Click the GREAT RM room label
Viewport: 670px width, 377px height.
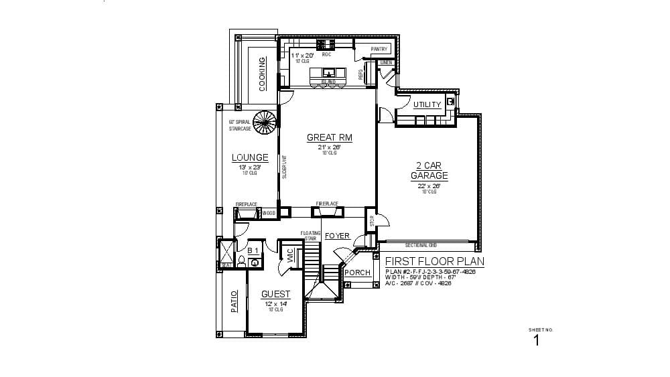click(329, 138)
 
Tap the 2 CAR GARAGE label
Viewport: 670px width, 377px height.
click(429, 171)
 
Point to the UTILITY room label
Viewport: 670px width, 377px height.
click(427, 104)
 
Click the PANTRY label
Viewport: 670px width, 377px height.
click(380, 49)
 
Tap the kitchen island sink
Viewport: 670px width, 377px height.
click(328, 72)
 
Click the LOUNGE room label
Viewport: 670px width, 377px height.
click(250, 158)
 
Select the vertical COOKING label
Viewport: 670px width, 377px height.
click(262, 74)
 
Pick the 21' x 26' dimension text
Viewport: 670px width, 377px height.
click(329, 147)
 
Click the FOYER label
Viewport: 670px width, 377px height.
click(337, 236)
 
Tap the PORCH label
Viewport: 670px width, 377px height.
click(357, 273)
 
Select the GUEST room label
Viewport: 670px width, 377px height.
click(275, 294)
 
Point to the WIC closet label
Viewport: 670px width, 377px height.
click(290, 255)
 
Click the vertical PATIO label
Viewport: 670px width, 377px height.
click(234, 301)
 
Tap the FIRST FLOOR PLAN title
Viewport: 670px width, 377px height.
click(435, 262)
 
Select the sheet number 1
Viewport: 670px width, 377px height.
click(536, 340)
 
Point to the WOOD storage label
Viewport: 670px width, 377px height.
click(269, 213)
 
